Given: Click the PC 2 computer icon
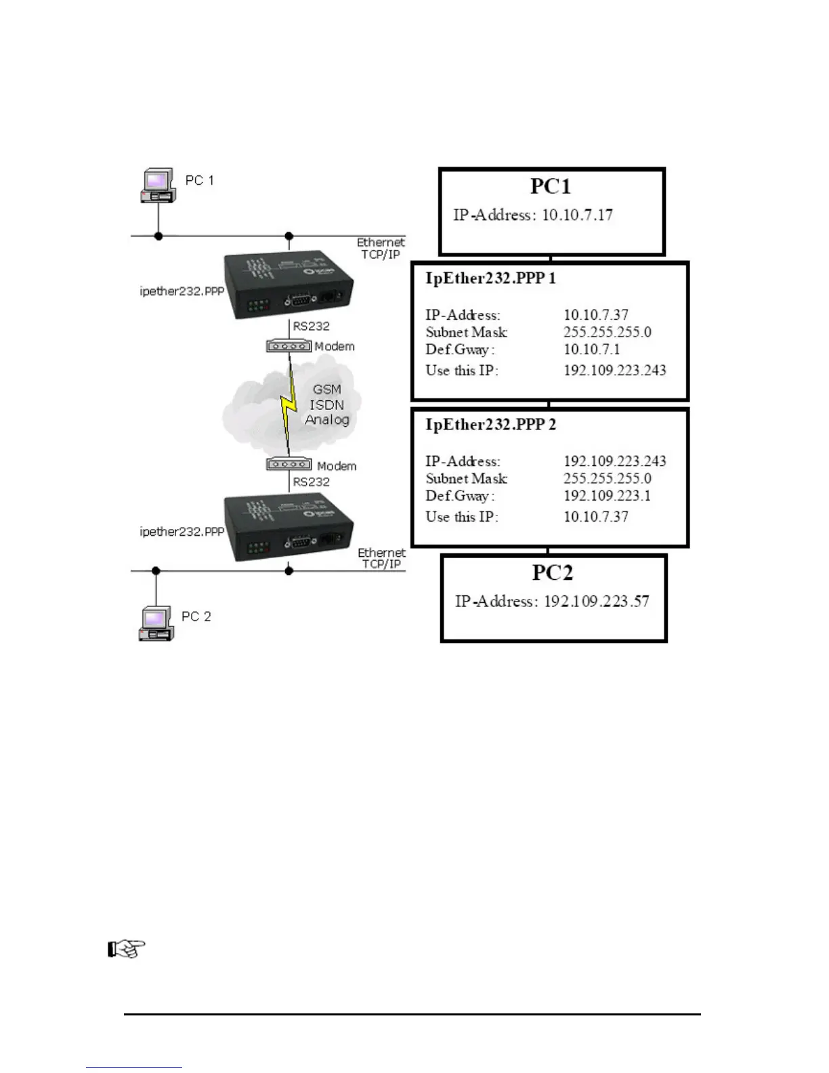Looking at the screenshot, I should tap(157, 623).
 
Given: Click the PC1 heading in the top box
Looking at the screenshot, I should tap(550, 186).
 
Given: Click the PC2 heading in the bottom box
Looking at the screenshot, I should tap(552, 572).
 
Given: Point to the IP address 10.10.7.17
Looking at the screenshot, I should tap(577, 215).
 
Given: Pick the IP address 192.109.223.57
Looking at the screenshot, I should tap(596, 602).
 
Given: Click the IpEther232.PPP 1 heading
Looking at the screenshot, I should tap(490, 278).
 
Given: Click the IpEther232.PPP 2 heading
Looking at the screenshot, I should tap(490, 425).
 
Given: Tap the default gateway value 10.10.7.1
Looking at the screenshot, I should tap(591, 350).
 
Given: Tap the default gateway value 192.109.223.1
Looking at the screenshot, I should tap(607, 496).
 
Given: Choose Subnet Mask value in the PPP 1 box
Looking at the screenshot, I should tap(607, 333).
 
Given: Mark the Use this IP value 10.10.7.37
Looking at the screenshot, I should tap(596, 517).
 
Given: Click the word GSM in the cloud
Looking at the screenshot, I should tap(326, 390).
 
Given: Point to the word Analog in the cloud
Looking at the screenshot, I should tap(326, 419).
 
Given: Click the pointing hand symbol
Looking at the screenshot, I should tap(127, 949).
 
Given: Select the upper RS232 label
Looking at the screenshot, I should tap(311, 327).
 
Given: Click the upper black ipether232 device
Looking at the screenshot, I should tap(289, 285).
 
